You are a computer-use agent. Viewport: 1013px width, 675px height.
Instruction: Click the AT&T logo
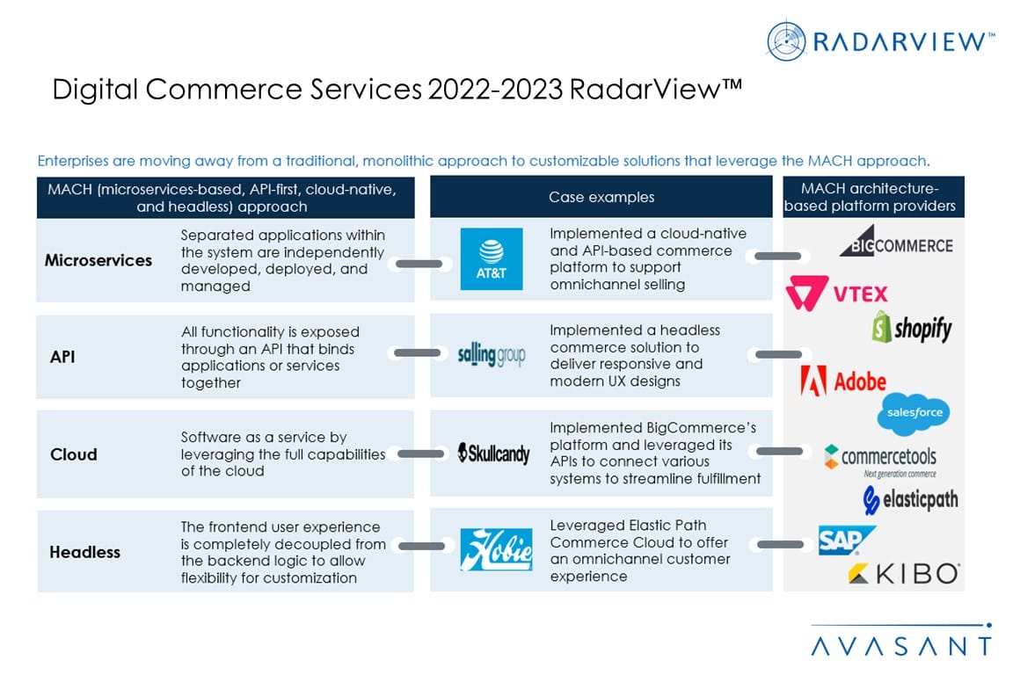pyautogui.click(x=492, y=258)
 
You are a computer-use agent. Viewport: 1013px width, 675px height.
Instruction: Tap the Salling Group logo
pyautogui.click(x=492, y=355)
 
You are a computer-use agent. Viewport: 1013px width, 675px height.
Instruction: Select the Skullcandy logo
pyautogui.click(x=494, y=454)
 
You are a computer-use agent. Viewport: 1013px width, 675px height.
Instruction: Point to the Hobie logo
pyautogui.click(x=496, y=550)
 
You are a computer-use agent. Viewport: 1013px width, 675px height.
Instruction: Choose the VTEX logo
pyautogui.click(x=837, y=294)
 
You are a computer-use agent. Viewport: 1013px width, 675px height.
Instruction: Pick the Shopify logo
pyautogui.click(x=912, y=329)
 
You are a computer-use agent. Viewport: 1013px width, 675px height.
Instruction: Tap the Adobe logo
pyautogui.click(x=842, y=381)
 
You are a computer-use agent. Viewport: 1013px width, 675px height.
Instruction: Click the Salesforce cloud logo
pyautogui.click(x=914, y=414)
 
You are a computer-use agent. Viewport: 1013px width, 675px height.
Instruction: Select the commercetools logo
pyautogui.click(x=880, y=457)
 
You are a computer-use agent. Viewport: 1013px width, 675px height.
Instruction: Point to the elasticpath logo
pyautogui.click(x=910, y=500)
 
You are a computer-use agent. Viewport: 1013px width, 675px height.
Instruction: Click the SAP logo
pyautogui.click(x=846, y=541)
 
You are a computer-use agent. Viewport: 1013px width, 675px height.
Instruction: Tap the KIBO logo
pyautogui.click(x=903, y=574)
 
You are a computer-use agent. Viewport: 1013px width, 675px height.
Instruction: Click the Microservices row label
pyautogui.click(x=98, y=260)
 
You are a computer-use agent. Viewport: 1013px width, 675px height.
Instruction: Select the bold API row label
pyautogui.click(x=62, y=357)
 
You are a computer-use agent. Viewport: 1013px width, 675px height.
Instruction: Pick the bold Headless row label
pyautogui.click(x=84, y=552)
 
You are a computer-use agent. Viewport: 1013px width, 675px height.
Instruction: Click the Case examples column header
pyautogui.click(x=601, y=197)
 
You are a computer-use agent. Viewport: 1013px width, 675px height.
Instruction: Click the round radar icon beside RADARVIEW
pyautogui.click(x=786, y=41)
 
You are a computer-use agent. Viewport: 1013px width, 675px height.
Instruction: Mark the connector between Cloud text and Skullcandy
pyautogui.click(x=421, y=454)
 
